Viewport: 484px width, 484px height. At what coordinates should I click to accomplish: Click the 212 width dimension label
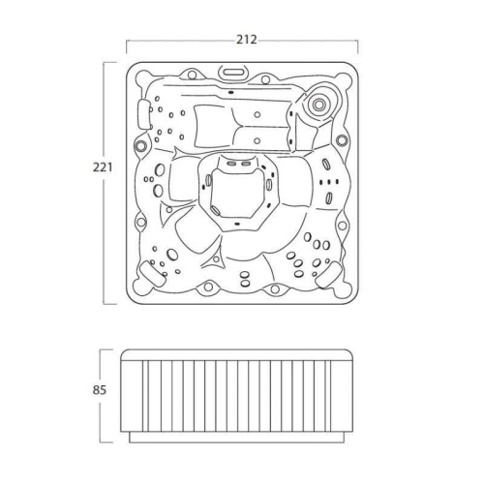click(x=247, y=40)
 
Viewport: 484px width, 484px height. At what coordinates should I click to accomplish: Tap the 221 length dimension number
click(x=103, y=167)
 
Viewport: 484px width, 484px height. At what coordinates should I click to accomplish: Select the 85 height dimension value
click(x=100, y=390)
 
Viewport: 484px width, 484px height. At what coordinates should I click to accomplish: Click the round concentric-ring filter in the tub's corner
click(x=318, y=104)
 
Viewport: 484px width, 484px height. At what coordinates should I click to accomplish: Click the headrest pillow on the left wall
click(x=144, y=114)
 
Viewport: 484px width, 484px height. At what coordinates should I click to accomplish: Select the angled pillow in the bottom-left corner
click(x=152, y=273)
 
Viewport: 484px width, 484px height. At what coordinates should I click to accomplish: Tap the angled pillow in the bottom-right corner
click(x=329, y=275)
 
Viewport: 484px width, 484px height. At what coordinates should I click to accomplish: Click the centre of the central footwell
click(x=237, y=194)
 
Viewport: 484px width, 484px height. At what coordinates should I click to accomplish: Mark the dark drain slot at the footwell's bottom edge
click(x=237, y=224)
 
